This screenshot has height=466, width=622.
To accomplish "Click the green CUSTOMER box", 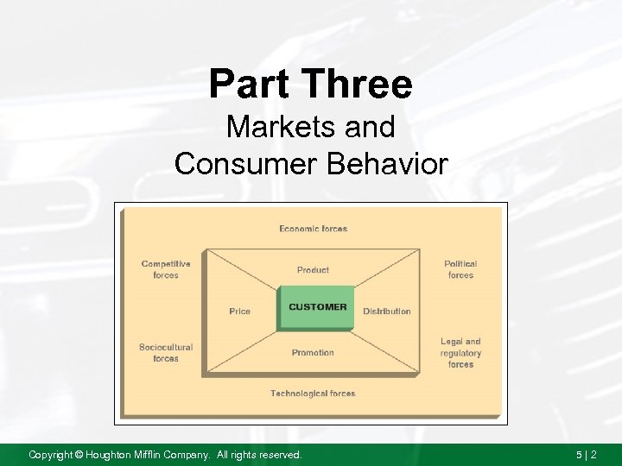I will [x=316, y=307].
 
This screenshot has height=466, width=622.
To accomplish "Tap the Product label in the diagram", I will [x=313, y=270].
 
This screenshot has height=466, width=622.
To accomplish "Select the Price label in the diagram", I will [x=239, y=311].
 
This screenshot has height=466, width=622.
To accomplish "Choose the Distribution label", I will [x=386, y=311].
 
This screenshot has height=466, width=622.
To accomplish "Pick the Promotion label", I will [x=313, y=352].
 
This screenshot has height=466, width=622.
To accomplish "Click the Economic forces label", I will [x=313, y=229].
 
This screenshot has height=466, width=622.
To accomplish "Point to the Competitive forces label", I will [x=166, y=269].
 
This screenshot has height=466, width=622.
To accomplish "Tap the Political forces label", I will [x=460, y=269].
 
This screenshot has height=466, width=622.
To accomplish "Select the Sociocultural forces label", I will [x=166, y=353].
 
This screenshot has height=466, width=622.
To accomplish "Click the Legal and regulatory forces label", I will [x=460, y=353].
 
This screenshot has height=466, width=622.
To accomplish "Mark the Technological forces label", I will [x=313, y=394].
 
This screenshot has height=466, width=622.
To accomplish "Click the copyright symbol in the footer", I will [x=78, y=454].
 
